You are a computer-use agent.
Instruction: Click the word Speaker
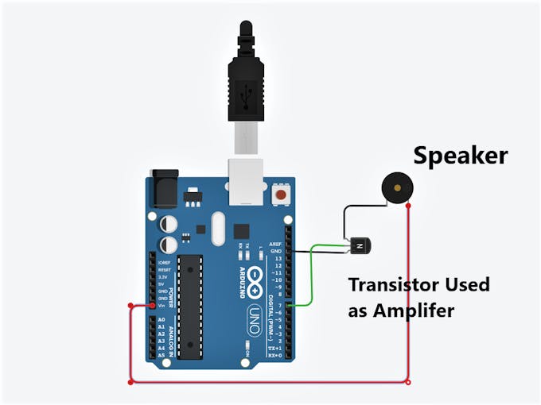460,155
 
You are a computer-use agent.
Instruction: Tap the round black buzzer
396,188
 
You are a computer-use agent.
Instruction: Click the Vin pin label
162,306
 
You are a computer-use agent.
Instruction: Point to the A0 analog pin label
162,319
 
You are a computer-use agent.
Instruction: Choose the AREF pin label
275,244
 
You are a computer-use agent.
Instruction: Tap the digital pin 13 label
276,259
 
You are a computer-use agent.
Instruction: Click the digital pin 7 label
278,305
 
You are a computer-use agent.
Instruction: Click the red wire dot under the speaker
408,206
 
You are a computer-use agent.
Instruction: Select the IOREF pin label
164,262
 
